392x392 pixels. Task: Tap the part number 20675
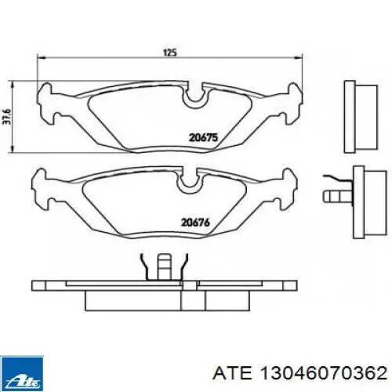202,136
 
